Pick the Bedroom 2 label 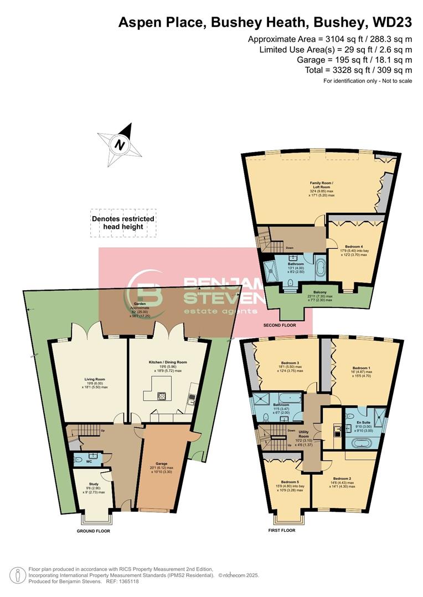pos(343,478)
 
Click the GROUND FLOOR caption pos(93,531)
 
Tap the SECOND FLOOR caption pos(280,326)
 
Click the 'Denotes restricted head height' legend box pos(123,223)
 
